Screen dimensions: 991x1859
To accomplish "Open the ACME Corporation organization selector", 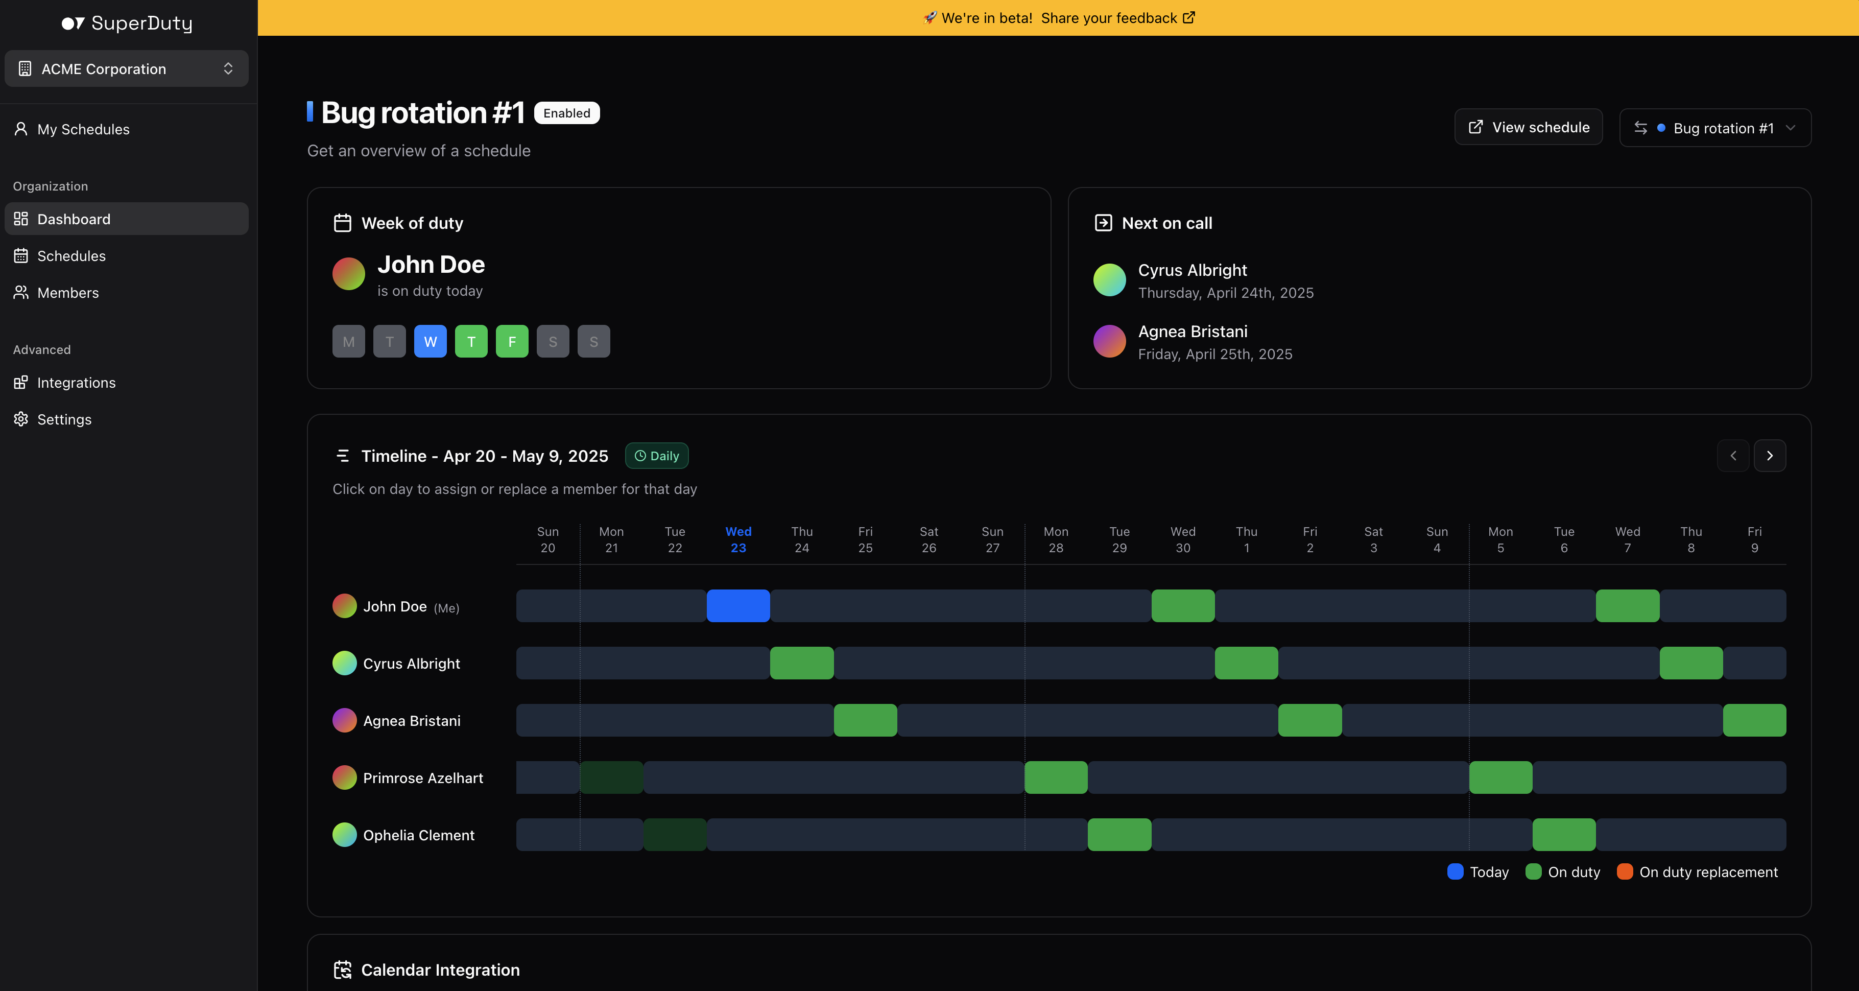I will [x=126, y=68].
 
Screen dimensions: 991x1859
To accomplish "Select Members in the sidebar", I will [x=68, y=292].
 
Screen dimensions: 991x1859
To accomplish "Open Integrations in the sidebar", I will [x=76, y=383].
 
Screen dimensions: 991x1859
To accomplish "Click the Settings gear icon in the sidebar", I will [x=21, y=419].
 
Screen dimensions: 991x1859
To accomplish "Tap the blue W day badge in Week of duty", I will [x=430, y=341].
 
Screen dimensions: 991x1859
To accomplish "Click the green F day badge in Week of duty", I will [x=512, y=341].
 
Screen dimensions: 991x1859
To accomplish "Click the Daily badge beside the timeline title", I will [x=657, y=456].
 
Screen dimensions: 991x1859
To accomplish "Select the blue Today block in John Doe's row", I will [x=737, y=605].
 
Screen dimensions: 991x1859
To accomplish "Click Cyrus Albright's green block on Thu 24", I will [x=801, y=663].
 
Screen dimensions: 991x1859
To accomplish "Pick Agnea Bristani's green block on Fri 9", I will [x=1754, y=720].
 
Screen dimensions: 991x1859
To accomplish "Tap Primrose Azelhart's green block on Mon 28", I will [x=1055, y=777].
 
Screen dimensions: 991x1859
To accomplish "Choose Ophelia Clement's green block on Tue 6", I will [x=1563, y=834].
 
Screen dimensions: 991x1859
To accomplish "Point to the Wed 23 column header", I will [x=737, y=539].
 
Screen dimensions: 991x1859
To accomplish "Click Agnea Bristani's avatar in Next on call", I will [x=1109, y=341].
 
